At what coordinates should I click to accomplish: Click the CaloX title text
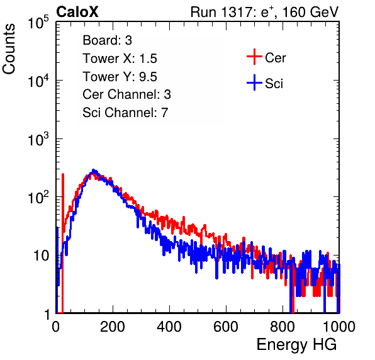point(77,12)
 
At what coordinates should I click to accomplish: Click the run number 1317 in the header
point(236,12)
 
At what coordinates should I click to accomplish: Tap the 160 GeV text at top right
point(310,12)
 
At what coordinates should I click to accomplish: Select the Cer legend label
point(275,58)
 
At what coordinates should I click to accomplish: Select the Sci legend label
point(274,84)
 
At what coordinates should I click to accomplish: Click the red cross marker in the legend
point(254,57)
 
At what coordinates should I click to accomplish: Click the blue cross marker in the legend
point(254,82)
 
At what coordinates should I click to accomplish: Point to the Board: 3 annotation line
point(107,40)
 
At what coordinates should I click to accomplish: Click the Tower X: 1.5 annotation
point(120,59)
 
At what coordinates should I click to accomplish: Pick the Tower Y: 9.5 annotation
point(120,77)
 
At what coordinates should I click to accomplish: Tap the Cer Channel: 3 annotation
point(126,94)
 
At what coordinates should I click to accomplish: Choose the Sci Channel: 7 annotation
point(125,113)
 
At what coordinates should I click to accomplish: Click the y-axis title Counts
point(9,49)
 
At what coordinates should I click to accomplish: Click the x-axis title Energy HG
point(296,345)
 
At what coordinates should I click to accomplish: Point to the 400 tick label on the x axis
point(169,327)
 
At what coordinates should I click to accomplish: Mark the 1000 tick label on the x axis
point(339,327)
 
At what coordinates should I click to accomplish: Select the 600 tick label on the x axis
point(226,327)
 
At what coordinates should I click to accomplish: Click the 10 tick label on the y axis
point(42,256)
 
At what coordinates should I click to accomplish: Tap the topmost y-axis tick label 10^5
point(38,22)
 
